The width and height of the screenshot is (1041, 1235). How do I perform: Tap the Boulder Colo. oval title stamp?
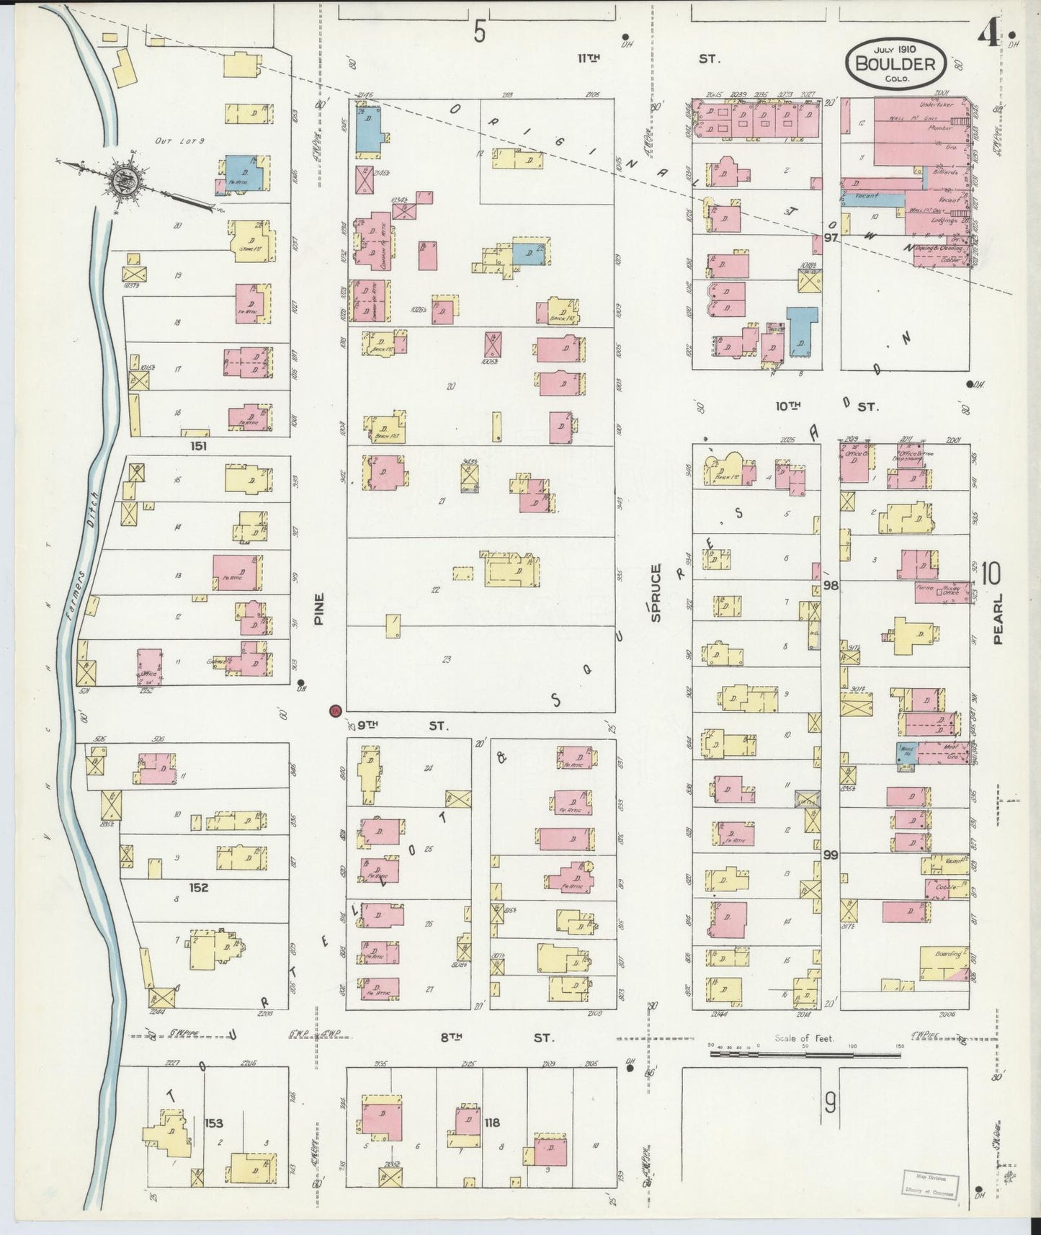[895, 63]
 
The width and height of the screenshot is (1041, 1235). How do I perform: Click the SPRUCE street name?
[656, 593]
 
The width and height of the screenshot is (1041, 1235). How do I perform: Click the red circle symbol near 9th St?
[334, 711]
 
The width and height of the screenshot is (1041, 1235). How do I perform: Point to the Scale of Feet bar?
[803, 1053]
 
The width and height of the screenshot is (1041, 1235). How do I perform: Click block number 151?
[198, 446]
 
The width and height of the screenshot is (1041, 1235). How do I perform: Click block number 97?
[832, 238]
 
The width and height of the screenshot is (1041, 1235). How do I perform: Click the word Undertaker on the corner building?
[937, 104]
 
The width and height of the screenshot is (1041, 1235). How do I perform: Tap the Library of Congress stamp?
[929, 1184]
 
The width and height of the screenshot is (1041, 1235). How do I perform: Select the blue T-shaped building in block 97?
[802, 331]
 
